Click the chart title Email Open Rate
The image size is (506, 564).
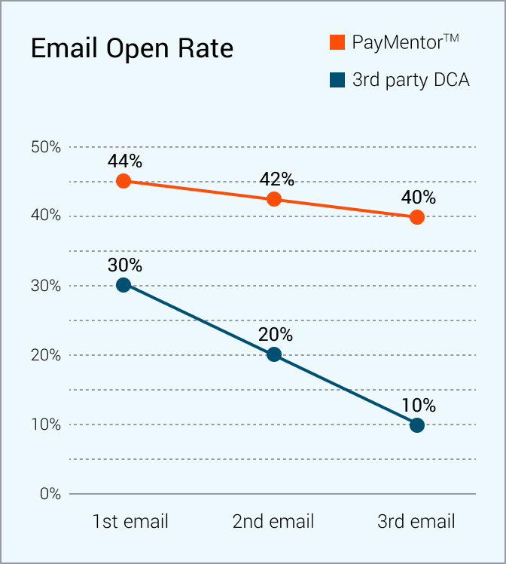pos(132,49)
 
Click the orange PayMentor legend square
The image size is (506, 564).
pos(337,42)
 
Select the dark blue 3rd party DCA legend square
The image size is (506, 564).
pos(337,79)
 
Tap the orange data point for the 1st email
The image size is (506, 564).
pos(124,181)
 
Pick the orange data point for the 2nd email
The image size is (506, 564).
pos(274,199)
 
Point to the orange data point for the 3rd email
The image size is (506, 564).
pos(417,217)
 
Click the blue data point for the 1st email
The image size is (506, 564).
pos(124,285)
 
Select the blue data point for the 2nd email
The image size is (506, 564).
pos(274,354)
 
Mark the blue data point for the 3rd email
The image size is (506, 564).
pos(417,425)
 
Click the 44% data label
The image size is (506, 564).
pos(124,161)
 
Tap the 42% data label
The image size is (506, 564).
pos(276,179)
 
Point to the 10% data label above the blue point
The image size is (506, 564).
pos(419,405)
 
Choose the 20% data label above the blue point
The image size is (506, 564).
pos(276,335)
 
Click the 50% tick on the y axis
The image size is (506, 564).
pos(46,147)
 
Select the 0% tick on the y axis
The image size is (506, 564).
pos(50,494)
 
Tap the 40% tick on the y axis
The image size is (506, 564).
pos(46,216)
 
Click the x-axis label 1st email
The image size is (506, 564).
pos(130,522)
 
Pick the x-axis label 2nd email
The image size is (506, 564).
pos(273,522)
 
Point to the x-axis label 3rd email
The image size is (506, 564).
pos(416,522)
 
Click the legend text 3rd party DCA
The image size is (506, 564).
pos(410,79)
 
